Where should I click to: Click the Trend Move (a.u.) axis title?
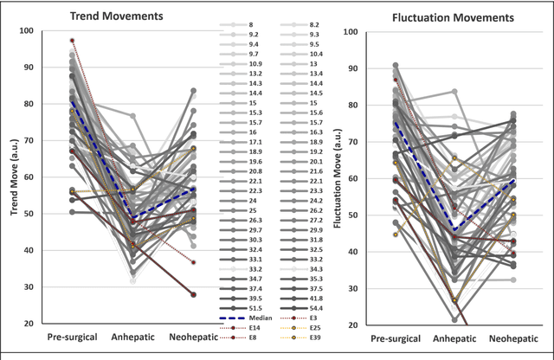10,177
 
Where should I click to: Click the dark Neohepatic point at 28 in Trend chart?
193,294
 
